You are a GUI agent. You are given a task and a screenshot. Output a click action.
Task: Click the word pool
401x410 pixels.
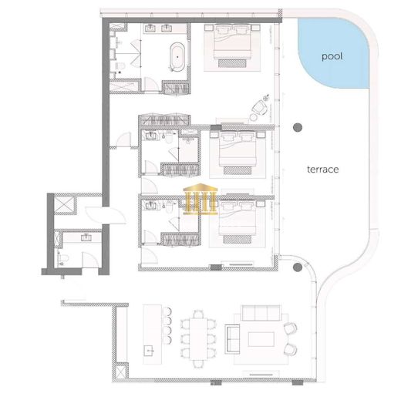point(333,56)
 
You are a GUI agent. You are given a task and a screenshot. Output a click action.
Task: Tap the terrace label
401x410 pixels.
point(324,169)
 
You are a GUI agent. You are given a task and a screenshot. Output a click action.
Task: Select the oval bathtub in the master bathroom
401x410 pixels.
point(177,58)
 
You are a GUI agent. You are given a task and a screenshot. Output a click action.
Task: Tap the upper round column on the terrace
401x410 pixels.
point(298,127)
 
